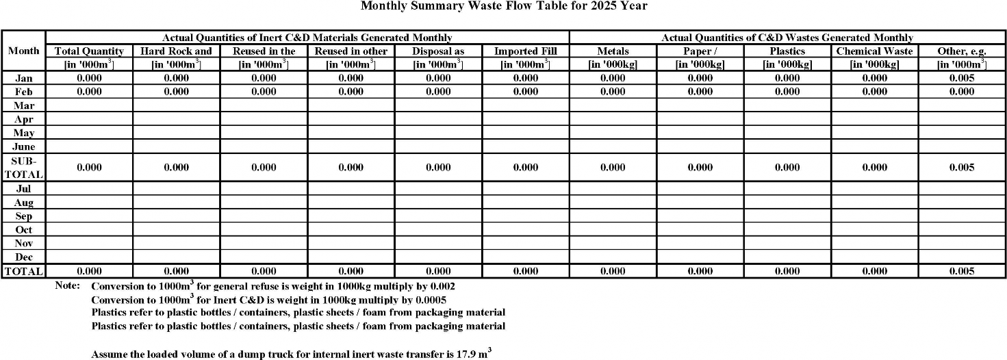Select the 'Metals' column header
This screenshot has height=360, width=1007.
(613, 51)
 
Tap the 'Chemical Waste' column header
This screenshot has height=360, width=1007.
(874, 51)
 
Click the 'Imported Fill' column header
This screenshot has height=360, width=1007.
(525, 51)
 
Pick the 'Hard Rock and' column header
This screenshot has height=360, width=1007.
(177, 51)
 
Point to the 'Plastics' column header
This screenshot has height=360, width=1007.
(787, 51)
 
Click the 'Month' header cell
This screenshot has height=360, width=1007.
(23, 51)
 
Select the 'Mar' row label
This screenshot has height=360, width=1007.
(24, 105)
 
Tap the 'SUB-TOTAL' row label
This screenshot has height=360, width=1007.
(23, 168)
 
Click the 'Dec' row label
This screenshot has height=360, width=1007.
(24, 257)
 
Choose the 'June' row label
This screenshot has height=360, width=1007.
(24, 146)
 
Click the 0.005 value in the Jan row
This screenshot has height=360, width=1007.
(962, 78)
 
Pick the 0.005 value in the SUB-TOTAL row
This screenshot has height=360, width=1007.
(962, 168)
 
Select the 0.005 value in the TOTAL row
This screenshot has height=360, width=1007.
(962, 272)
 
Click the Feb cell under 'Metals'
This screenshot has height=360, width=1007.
(613, 92)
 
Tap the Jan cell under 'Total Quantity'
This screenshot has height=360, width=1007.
(89, 78)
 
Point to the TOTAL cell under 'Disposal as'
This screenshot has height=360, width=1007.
(438, 272)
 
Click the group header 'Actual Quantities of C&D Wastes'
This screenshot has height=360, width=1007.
(787, 38)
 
